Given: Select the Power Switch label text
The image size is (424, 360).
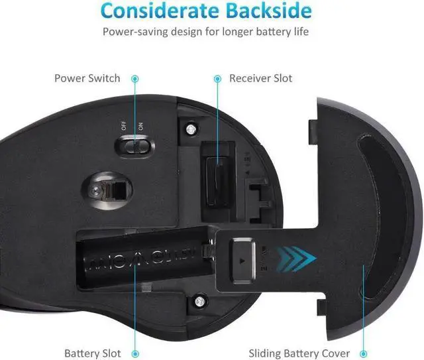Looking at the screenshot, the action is (87, 78).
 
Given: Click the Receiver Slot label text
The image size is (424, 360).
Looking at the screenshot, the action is (260, 78).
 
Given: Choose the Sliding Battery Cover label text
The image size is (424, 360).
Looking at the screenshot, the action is (299, 353).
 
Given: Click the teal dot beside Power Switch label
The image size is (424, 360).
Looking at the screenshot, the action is (135, 78).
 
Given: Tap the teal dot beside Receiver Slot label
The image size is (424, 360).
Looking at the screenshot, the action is (217, 78).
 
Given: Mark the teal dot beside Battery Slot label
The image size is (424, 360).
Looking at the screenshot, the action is (136, 353).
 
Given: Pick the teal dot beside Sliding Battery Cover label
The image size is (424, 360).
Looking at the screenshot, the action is (363, 353).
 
